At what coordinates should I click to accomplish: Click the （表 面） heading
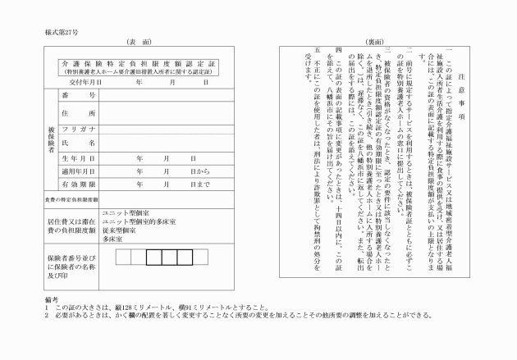[140, 40]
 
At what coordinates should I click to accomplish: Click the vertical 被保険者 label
[52, 139]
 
